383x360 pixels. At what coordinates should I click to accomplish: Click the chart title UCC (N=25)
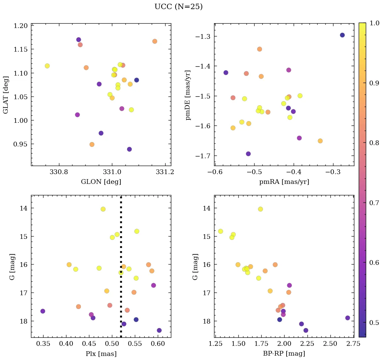click(x=178, y=7)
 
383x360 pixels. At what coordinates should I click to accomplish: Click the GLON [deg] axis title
click(x=101, y=182)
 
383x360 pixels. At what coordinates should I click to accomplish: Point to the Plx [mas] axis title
click(x=101, y=354)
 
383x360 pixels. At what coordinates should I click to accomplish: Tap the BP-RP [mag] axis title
click(x=284, y=354)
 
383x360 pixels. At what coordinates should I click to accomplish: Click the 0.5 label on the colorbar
click(x=374, y=323)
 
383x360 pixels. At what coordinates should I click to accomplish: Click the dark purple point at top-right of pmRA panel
click(x=342, y=35)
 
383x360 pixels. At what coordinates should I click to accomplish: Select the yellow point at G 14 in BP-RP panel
click(x=260, y=209)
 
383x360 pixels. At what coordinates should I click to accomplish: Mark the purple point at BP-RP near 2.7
click(x=348, y=318)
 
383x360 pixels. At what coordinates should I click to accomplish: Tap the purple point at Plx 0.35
click(x=43, y=311)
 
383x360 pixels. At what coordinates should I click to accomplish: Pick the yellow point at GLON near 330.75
click(x=47, y=66)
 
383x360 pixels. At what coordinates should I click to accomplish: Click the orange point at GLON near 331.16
click(x=155, y=41)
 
